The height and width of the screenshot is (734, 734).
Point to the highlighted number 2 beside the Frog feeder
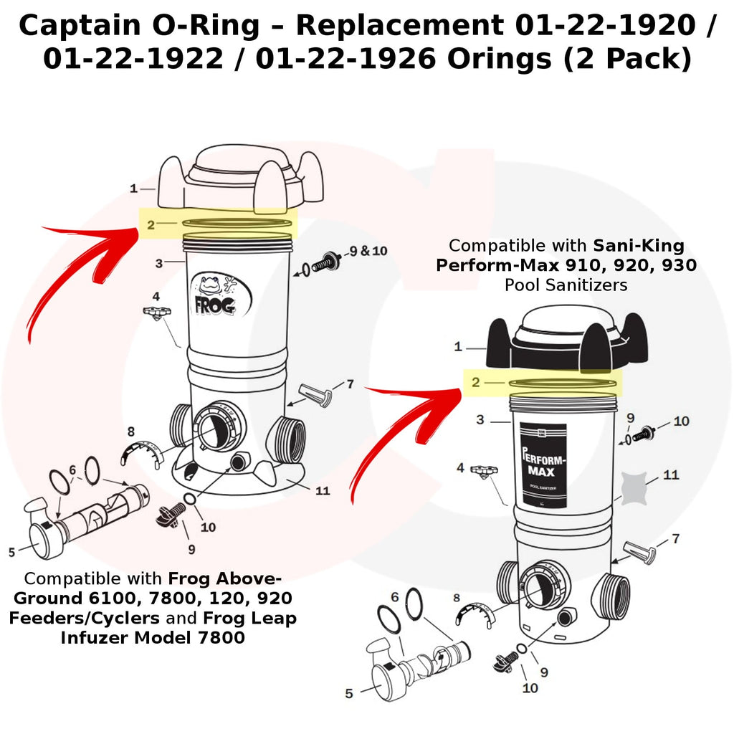[x=151, y=224]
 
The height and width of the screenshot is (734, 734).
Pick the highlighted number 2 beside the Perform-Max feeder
[x=476, y=382]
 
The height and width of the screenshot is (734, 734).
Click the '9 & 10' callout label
[x=368, y=251]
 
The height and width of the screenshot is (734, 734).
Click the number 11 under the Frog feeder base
[x=323, y=491]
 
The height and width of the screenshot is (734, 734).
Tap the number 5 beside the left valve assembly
[x=11, y=552]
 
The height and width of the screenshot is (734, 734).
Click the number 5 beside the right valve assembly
[x=349, y=693]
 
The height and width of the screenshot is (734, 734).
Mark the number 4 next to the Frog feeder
[x=156, y=296]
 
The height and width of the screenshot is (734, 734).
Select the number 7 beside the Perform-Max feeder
[x=676, y=539]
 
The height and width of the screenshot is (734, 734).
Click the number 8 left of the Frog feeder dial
[x=130, y=432]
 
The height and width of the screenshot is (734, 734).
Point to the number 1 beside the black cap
[x=458, y=347]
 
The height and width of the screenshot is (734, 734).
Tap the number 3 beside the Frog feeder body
[x=159, y=263]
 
